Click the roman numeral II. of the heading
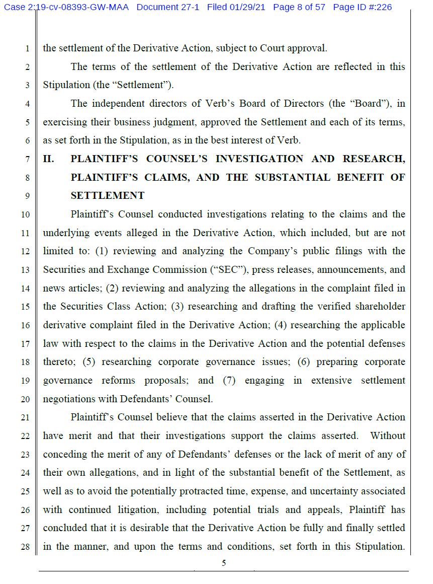(x=48, y=159)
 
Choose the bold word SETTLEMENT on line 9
(x=108, y=196)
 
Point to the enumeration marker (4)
(x=281, y=325)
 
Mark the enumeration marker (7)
(x=229, y=381)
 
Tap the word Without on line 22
(x=388, y=436)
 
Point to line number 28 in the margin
(x=26, y=547)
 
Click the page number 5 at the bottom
(x=224, y=563)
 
